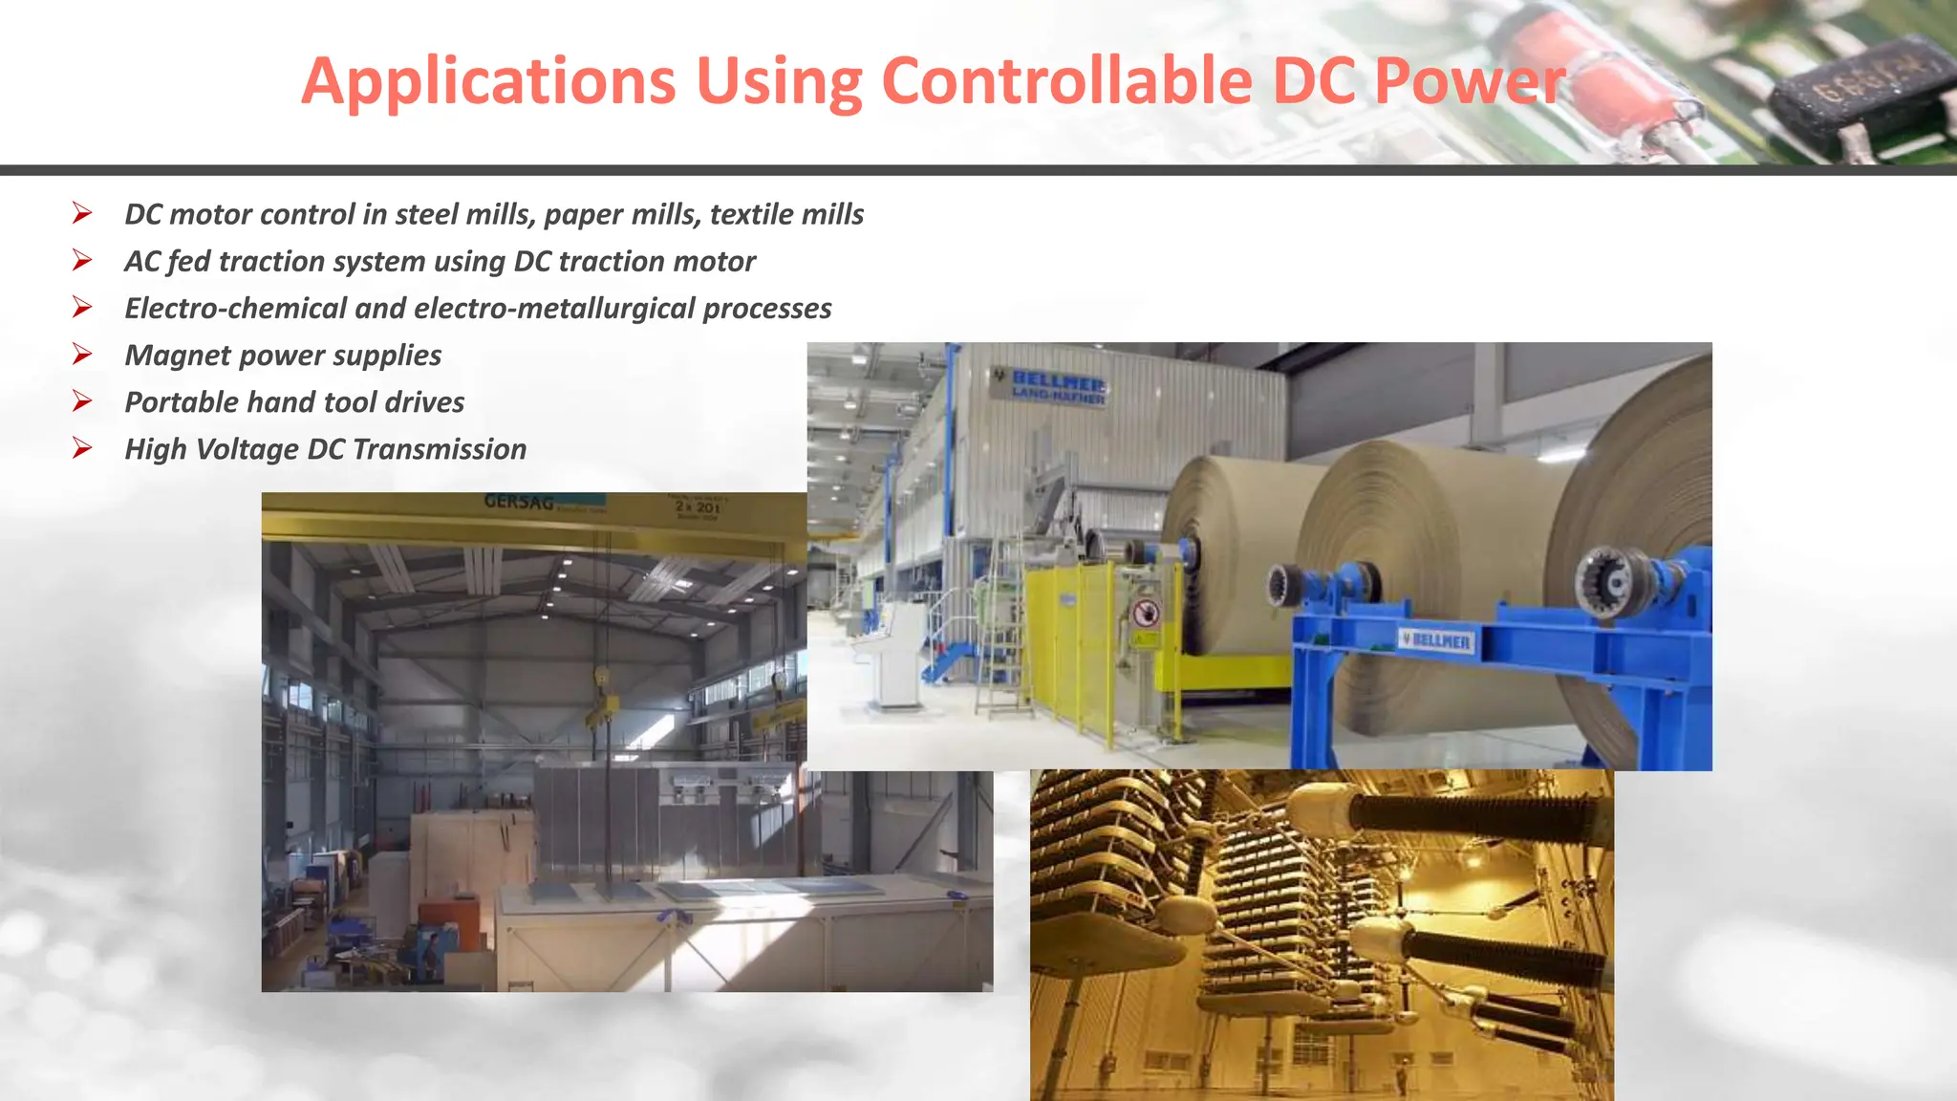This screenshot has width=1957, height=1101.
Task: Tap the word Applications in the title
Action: (488, 82)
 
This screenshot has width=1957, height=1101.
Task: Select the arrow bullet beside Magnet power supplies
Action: (82, 355)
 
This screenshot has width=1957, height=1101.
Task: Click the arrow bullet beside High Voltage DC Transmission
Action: (82, 448)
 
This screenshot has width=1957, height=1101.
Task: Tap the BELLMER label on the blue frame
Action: (1436, 640)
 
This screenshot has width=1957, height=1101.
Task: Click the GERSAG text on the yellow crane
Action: (518, 502)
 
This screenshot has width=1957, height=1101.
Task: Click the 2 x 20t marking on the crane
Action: (698, 507)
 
